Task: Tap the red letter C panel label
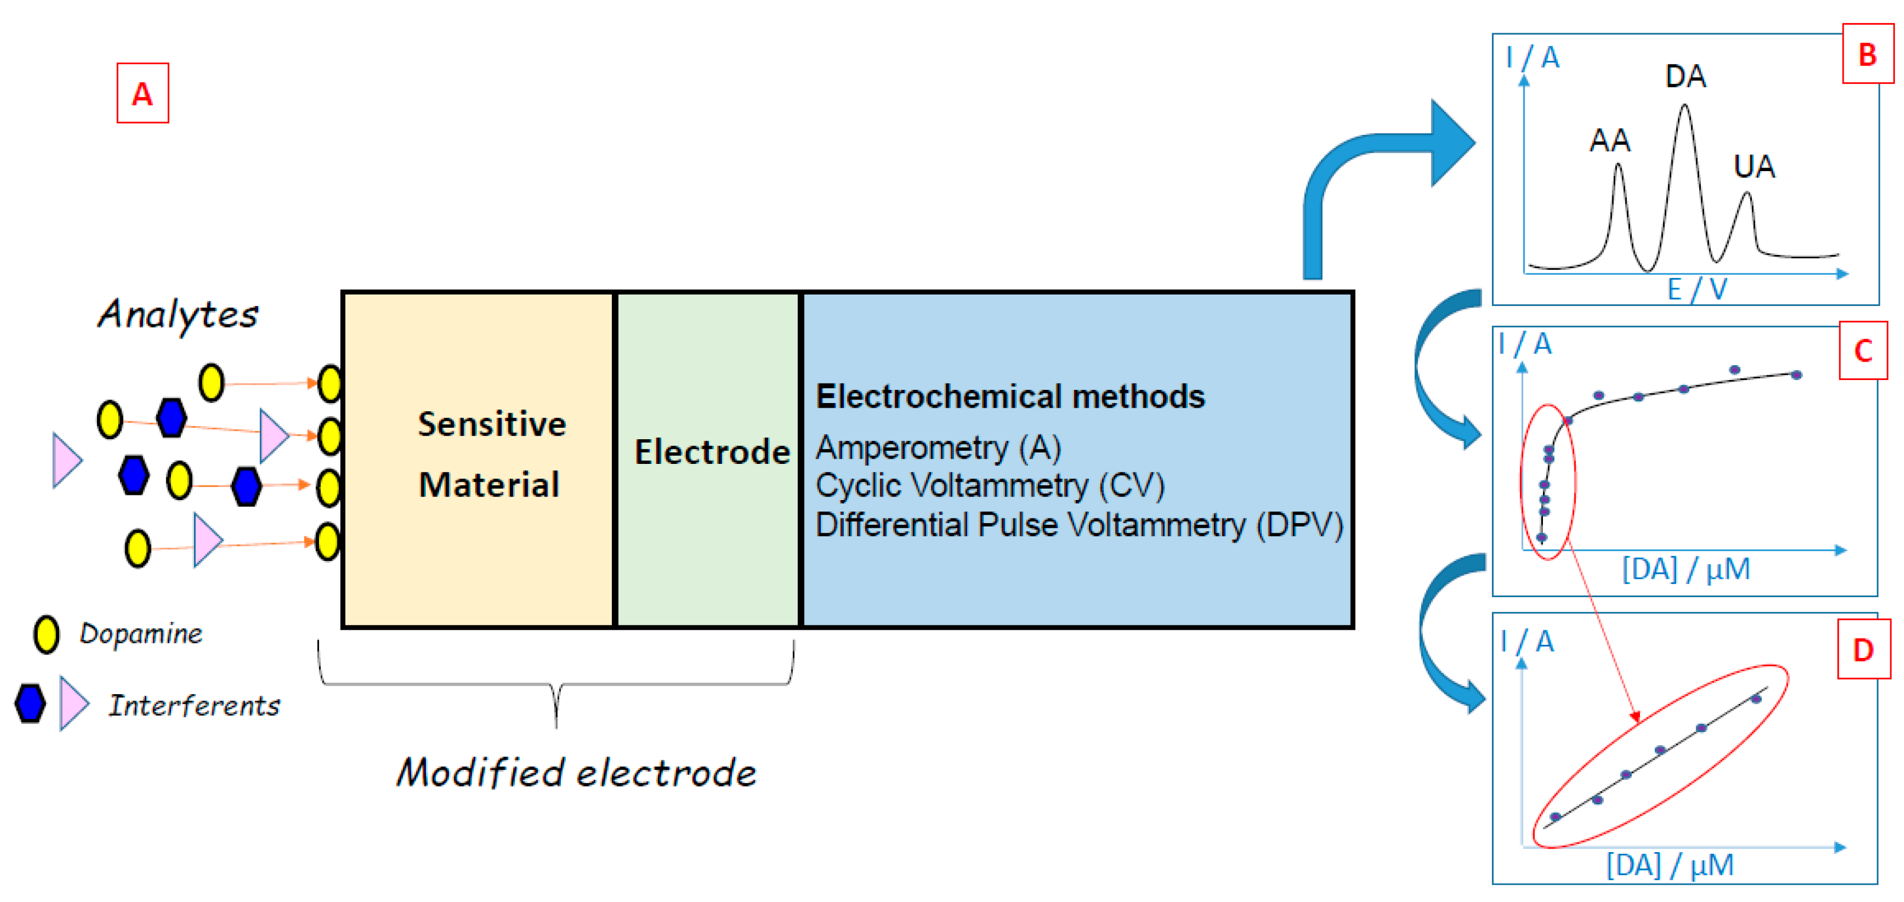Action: (1863, 350)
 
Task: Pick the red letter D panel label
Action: (1863, 650)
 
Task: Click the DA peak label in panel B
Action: (1685, 76)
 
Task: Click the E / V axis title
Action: (1696, 289)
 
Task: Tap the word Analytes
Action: (178, 314)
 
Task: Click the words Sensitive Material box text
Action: (491, 454)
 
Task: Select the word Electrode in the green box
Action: (711, 452)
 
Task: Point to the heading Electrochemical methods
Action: (1010, 396)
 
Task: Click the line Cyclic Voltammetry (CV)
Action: (990, 486)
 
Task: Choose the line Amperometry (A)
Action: (938, 447)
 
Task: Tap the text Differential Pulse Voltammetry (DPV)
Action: (1079, 524)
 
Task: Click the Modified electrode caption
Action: (576, 773)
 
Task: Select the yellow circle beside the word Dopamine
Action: (46, 634)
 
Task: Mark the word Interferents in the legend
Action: (195, 704)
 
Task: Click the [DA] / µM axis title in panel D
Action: (1669, 864)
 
